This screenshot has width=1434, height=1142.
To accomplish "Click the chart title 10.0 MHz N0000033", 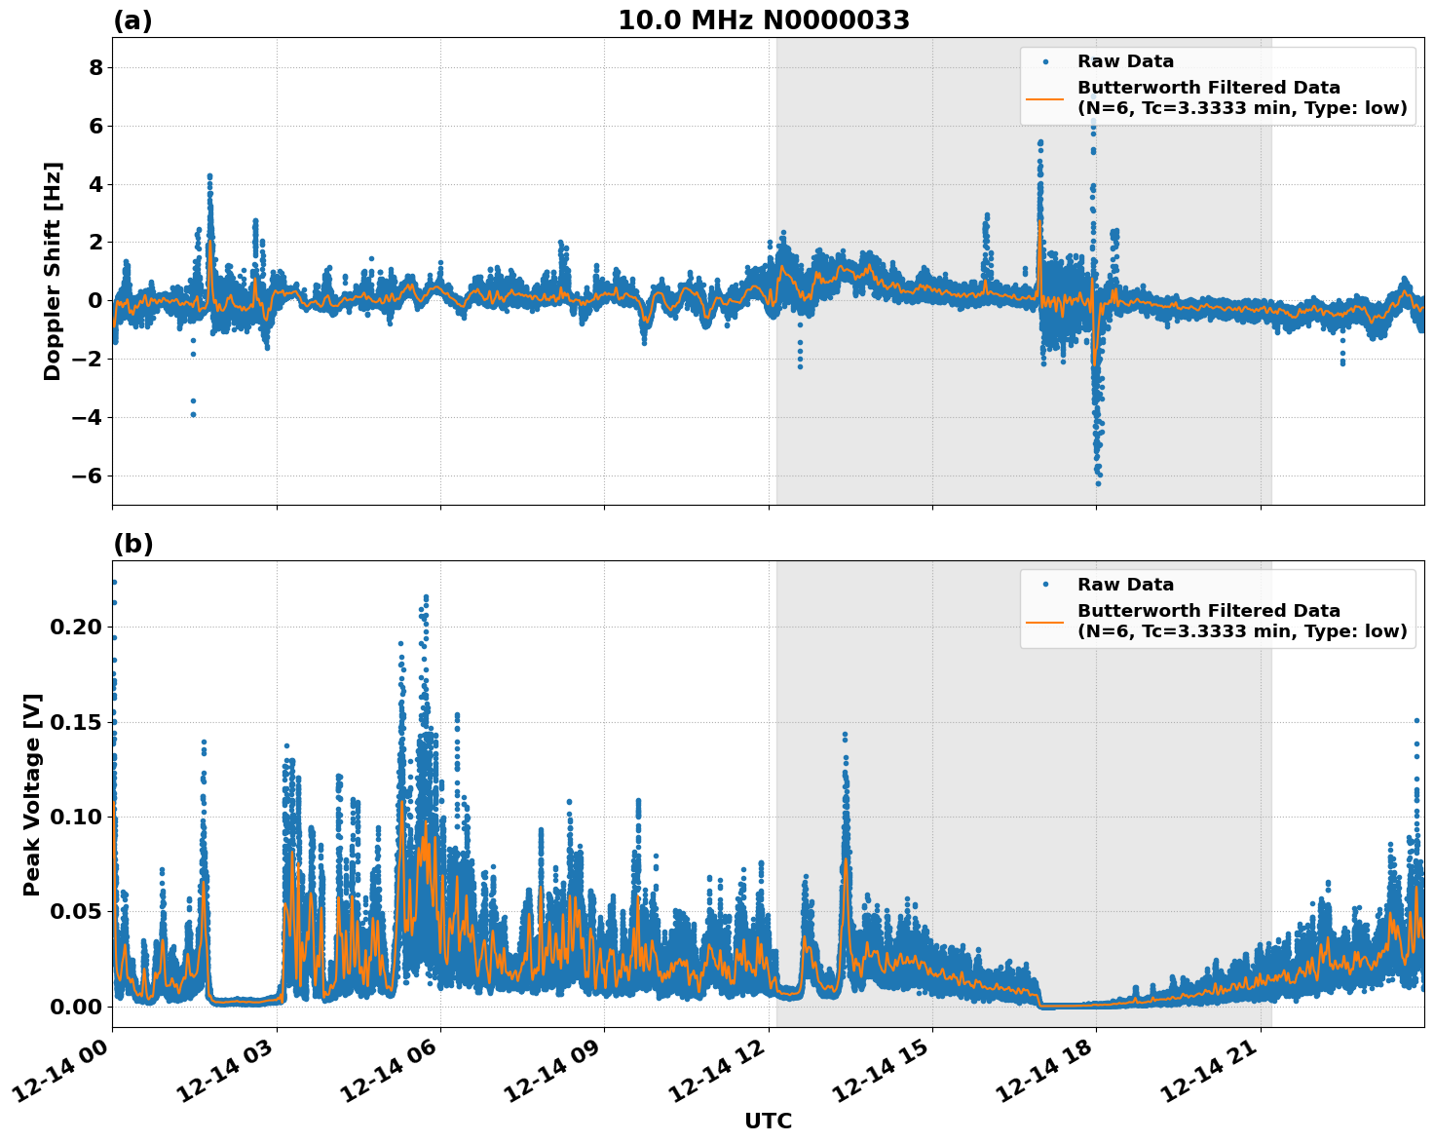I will point(764,20).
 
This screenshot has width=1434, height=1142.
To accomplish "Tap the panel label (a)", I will point(132,20).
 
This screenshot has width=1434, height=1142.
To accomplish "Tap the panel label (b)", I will point(132,544).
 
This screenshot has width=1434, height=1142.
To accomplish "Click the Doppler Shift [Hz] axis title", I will point(53,271).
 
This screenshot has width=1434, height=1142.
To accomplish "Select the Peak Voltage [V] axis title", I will point(32,794).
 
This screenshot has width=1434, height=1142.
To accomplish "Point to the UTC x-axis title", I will point(768,1121).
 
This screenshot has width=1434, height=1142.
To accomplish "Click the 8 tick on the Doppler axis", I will point(95,67).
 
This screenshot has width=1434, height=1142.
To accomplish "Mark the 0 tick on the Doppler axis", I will point(95,300).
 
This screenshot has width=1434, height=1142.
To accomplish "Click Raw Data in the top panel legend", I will point(1125,61).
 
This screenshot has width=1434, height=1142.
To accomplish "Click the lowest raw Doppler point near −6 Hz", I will point(1098,483).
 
